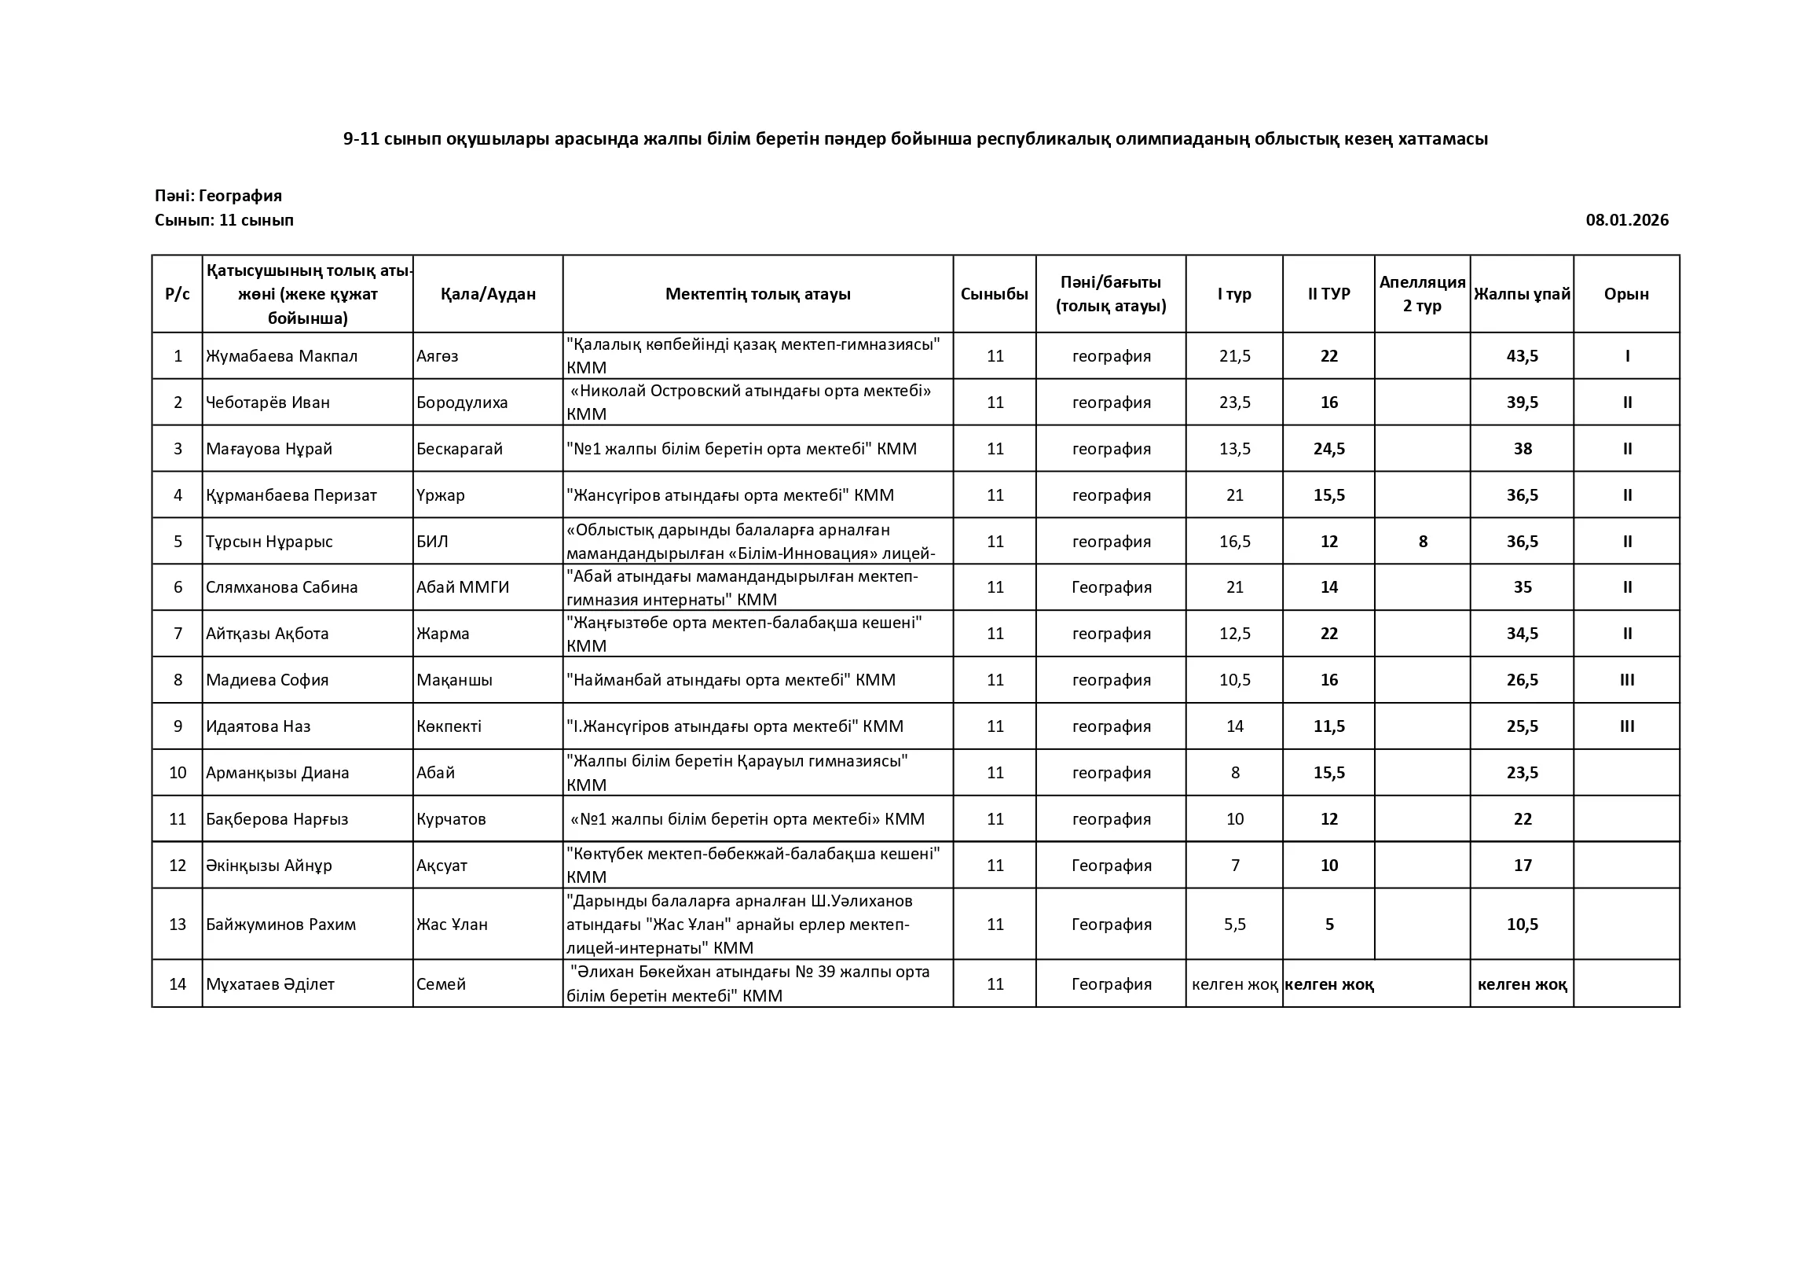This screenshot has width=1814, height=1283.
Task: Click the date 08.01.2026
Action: (1627, 220)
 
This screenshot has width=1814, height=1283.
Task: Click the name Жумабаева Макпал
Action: (281, 355)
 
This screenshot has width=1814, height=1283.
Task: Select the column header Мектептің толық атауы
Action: (757, 294)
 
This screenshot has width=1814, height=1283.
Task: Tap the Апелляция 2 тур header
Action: (1422, 294)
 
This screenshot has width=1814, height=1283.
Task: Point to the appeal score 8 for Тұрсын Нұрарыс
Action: (1423, 542)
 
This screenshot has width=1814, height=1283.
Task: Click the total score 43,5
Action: (1522, 355)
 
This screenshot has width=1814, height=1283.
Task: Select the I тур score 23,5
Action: (1234, 403)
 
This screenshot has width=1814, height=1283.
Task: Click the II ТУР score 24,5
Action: (1329, 449)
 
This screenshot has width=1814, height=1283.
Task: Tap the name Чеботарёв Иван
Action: (268, 403)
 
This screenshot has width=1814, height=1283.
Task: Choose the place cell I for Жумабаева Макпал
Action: (1627, 355)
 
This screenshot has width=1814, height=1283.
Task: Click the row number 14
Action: (178, 984)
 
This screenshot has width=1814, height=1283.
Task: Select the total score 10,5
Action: (1522, 924)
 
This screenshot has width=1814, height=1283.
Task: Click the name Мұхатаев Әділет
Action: (270, 984)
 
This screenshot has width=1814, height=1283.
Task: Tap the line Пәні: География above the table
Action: (218, 195)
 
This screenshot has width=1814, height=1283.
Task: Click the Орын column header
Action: (1626, 294)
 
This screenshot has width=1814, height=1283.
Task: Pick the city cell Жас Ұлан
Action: (452, 924)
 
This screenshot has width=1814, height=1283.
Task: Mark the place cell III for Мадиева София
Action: (1627, 680)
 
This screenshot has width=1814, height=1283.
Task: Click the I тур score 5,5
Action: (1234, 924)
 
